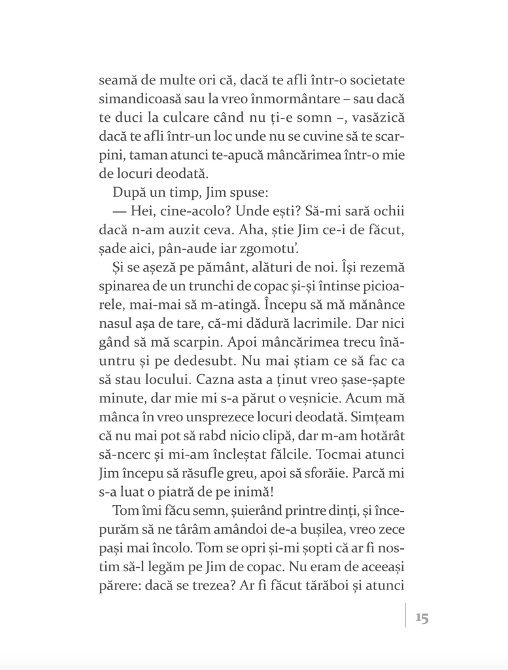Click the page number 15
point(421,617)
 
